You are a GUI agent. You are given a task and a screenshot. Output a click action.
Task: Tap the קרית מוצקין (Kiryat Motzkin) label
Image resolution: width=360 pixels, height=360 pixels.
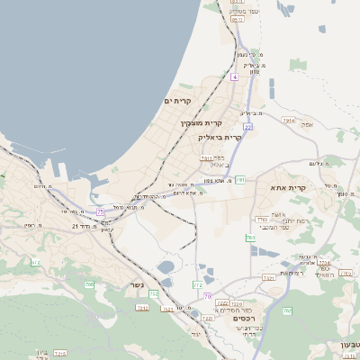pos(201,122)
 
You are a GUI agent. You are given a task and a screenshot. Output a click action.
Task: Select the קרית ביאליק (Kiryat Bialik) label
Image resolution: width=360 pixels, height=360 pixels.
pos(220,137)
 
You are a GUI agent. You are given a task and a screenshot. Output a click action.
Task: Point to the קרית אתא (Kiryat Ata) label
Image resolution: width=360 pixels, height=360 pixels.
pos(288,187)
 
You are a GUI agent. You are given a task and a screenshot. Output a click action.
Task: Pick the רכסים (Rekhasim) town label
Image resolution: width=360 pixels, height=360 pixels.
pos(242,319)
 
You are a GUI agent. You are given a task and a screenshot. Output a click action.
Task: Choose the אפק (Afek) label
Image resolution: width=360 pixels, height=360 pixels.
pos(307,126)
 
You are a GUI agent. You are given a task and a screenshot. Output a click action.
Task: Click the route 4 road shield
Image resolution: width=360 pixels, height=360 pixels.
pos(235,77)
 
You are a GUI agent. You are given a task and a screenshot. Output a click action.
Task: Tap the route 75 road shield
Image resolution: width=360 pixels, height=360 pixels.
pos(101,211)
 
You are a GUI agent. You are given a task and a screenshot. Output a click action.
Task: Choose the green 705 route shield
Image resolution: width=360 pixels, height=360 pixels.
pos(89,284)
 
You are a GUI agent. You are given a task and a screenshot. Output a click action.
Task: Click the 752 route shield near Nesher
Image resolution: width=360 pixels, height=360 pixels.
pos(154,293)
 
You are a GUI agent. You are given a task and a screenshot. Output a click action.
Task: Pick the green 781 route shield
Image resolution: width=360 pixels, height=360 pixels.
pos(240,180)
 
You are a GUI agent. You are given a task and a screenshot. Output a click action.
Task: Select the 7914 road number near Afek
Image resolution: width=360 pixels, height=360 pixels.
pos(288,119)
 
